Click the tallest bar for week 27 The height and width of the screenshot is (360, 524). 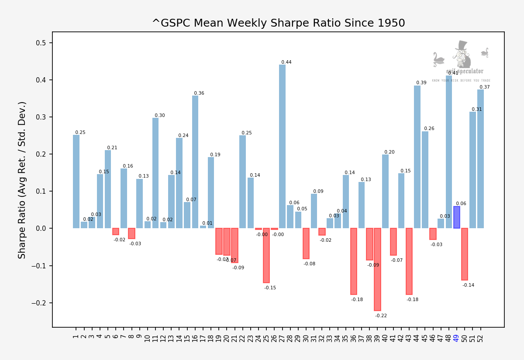282,146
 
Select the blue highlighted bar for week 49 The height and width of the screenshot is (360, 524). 457,217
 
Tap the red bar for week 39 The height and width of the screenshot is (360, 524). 377,269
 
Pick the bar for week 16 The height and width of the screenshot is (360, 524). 195,162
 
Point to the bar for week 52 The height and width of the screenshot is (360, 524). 480,159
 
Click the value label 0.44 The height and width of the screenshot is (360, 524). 286,62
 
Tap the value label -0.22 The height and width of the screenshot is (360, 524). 381,316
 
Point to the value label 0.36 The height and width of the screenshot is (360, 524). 199,93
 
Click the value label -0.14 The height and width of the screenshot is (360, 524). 468,285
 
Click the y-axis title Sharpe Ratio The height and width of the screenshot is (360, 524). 22,180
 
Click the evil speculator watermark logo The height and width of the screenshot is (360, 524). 461,61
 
